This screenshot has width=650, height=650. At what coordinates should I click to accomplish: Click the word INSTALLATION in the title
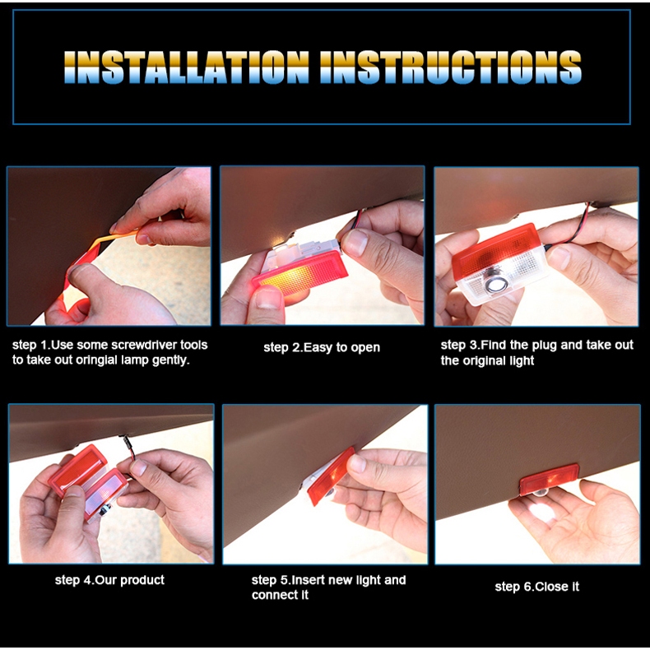[187, 67]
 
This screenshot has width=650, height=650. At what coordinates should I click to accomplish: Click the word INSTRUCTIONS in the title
[451, 67]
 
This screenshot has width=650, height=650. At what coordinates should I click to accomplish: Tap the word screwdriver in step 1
[144, 345]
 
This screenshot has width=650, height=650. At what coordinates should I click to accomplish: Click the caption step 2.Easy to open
[322, 347]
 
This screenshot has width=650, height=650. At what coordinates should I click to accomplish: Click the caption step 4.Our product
[109, 579]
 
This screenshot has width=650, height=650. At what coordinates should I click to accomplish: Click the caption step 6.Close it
[536, 587]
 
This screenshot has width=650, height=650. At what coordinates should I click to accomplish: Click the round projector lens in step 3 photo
[494, 285]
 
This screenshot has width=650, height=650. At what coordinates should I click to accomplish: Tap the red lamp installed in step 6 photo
[549, 479]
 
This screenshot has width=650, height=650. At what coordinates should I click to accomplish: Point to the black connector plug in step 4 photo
[126, 443]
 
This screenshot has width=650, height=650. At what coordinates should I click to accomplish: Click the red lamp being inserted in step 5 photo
[332, 476]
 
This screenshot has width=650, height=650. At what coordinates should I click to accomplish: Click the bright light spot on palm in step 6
[542, 513]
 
